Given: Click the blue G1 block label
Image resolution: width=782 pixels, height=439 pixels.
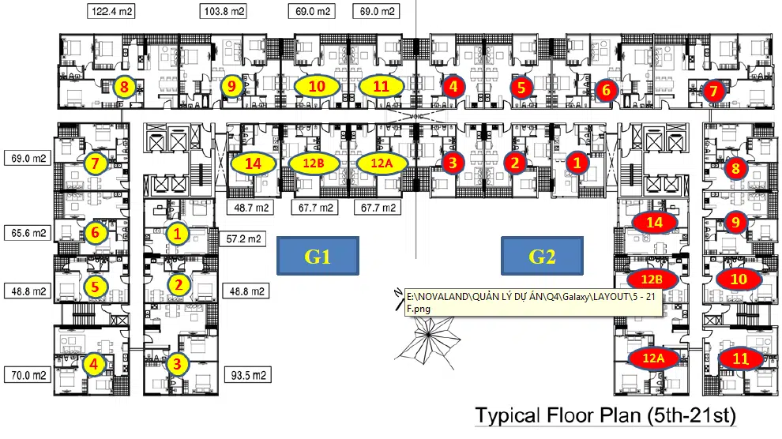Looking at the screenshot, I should [x=318, y=257].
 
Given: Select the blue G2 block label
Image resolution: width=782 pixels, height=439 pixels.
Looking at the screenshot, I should [x=543, y=257].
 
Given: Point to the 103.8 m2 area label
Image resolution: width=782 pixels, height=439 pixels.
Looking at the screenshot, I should [x=224, y=12].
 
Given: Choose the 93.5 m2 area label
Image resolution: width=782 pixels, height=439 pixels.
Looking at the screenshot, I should [x=248, y=375].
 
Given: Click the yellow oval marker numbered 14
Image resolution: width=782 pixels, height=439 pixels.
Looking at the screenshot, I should [x=253, y=163].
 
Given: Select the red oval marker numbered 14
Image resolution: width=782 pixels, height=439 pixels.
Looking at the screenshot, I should [x=654, y=223].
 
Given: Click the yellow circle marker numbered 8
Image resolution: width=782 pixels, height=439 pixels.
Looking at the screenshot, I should [x=123, y=87].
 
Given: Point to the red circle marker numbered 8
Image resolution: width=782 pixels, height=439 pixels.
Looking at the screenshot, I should [x=735, y=167].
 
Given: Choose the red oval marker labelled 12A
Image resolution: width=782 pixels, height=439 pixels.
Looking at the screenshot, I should [x=652, y=358].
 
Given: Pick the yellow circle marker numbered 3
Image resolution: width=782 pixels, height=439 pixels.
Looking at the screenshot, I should [x=177, y=364].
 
